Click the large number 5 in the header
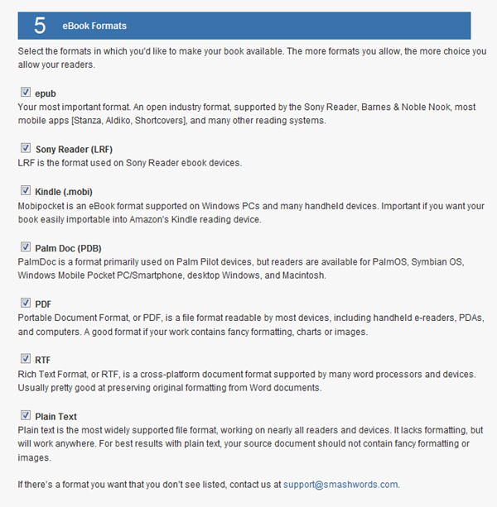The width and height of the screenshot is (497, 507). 39,26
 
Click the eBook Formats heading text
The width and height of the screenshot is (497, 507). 94,26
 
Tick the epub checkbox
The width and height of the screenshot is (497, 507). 25,93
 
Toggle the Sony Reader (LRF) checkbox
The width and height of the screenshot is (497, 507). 25,148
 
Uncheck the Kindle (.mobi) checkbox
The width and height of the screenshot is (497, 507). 25,190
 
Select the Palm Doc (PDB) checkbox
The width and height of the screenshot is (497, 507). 25,246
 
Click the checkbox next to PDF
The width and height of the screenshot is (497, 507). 25,303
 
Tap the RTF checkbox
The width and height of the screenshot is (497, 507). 25,359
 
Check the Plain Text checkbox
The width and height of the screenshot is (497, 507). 25,415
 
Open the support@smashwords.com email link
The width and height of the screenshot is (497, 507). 340,485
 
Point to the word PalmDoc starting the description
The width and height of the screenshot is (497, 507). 38,261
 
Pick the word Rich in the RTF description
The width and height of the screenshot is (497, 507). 27,374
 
